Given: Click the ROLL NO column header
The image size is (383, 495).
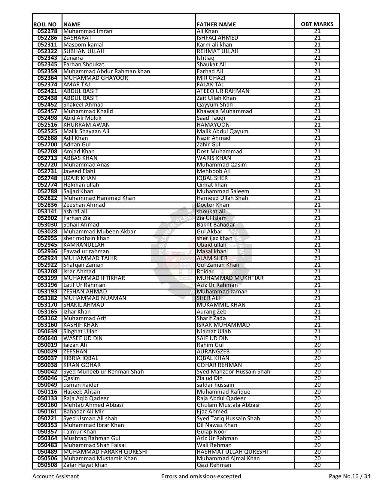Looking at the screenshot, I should point(45,24).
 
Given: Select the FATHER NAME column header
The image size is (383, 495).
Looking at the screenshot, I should point(216,24).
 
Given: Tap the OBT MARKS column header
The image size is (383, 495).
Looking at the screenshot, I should point(317,24).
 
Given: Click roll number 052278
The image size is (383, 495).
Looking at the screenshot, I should point(47,31).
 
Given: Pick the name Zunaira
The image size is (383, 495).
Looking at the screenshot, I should point(73,58).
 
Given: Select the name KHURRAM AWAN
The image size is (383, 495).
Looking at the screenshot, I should point(87,125).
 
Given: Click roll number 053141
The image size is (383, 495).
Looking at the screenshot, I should point(47,211).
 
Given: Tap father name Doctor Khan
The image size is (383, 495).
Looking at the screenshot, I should point(213,205).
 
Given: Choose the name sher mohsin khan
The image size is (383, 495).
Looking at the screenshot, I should point(86,238).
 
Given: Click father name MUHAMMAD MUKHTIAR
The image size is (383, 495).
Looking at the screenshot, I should point(230,278).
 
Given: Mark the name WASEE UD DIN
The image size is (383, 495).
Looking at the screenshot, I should point(83,338).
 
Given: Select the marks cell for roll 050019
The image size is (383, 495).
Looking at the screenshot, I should point(317,345).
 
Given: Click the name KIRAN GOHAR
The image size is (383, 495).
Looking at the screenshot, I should point(82,365).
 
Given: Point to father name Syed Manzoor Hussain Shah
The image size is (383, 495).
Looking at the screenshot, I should point(233,372).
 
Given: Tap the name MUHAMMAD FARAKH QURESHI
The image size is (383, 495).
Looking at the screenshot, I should point(105,452).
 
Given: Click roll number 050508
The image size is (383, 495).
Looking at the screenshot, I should point(47,465).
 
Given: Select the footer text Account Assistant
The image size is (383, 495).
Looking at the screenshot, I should point(56,476).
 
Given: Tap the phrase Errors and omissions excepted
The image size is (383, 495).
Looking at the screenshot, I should point(201,476).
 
